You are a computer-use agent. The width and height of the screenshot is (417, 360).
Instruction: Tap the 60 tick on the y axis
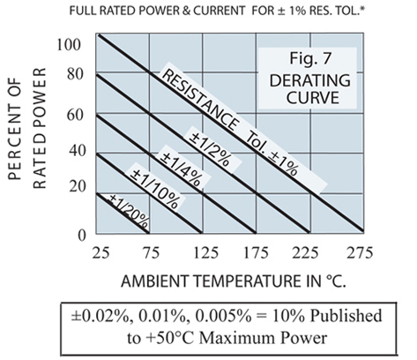click(x=74, y=115)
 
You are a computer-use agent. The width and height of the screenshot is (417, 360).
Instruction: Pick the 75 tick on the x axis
click(x=150, y=253)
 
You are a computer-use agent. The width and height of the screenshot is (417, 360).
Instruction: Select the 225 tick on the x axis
click(x=309, y=253)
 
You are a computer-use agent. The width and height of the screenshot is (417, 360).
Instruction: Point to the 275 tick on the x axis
click(x=362, y=253)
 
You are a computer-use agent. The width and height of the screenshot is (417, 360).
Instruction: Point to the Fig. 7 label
click(x=297, y=65)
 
